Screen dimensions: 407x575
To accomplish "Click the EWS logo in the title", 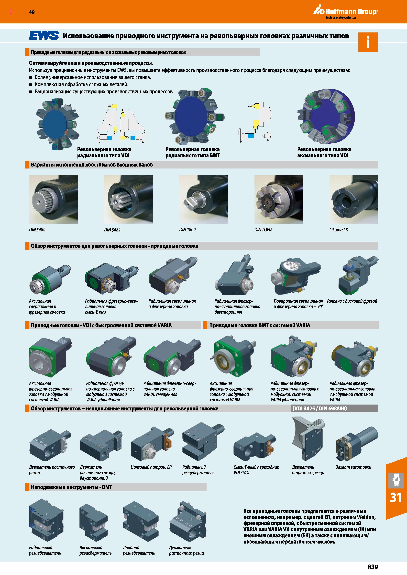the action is (x=44, y=36).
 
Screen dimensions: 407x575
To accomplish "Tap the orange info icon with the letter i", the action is (x=368, y=42).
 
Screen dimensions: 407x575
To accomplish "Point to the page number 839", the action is (x=373, y=567).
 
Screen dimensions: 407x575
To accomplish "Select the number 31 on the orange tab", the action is (x=396, y=497).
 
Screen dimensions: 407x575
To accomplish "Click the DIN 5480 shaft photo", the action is (x=53, y=199).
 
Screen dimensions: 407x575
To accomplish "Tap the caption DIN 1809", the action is (x=187, y=230).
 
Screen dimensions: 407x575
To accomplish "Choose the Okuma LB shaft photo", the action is (x=354, y=199).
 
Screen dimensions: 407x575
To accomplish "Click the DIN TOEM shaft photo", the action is (x=279, y=199).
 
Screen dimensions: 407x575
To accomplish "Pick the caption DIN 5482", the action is (x=112, y=230).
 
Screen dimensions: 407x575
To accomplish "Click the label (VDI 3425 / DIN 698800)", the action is (x=320, y=408).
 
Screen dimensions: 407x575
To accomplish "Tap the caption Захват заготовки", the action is (x=353, y=467).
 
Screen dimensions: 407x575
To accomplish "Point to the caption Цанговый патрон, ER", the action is (x=151, y=467).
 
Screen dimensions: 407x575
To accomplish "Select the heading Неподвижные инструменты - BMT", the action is (x=71, y=487).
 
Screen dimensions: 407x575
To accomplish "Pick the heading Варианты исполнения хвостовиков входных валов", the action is (x=92, y=165).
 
